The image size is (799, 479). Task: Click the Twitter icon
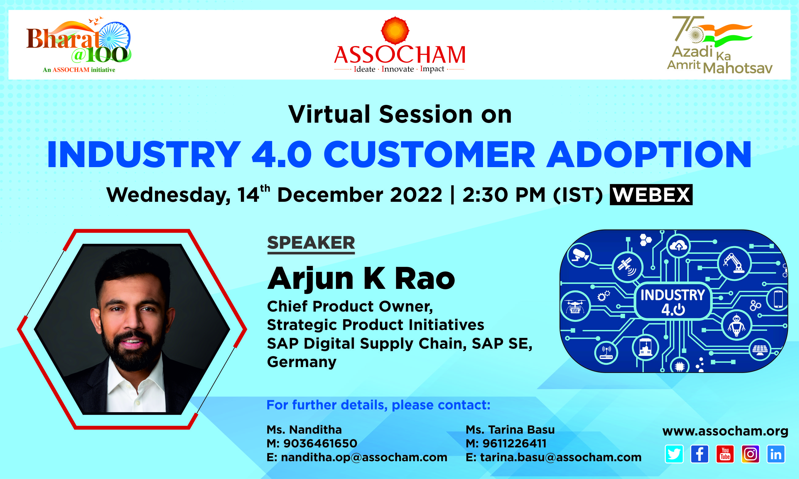pyautogui.click(x=674, y=454)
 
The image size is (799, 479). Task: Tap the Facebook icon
pyautogui.click(x=700, y=454)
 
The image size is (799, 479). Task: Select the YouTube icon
pyautogui.click(x=725, y=454)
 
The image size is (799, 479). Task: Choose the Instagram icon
pyautogui.click(x=751, y=454)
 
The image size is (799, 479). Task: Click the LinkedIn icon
pyautogui.click(x=776, y=454)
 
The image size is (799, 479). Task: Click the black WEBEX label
pyautogui.click(x=651, y=195)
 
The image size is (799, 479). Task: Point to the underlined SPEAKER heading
pyautogui.click(x=311, y=244)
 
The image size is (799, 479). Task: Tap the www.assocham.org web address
pyautogui.click(x=725, y=431)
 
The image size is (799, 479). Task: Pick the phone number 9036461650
pyautogui.click(x=320, y=443)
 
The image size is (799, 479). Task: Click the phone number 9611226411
pyautogui.click(x=515, y=443)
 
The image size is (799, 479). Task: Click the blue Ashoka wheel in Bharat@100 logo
pyautogui.click(x=114, y=38)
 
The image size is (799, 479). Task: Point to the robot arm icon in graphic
pyautogui.click(x=734, y=263)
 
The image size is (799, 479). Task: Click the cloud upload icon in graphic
pyautogui.click(x=678, y=246)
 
